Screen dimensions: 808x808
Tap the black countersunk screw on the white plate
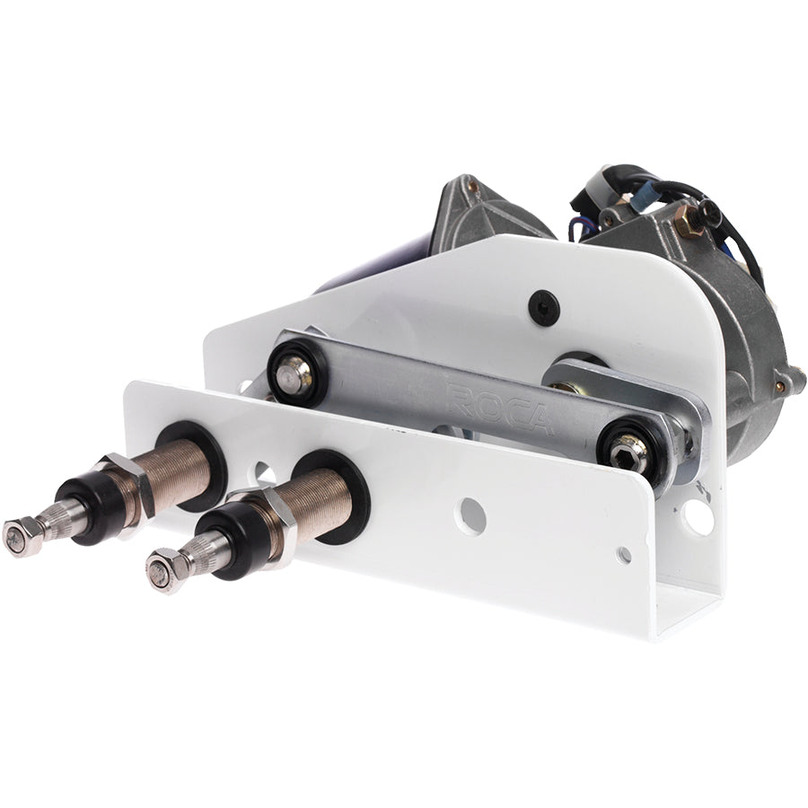point(543,307)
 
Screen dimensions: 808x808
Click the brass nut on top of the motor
point(688,221)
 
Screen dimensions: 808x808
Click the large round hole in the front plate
point(470,515)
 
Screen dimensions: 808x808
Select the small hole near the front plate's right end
point(622,554)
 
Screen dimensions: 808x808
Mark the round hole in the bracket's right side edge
point(696,515)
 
